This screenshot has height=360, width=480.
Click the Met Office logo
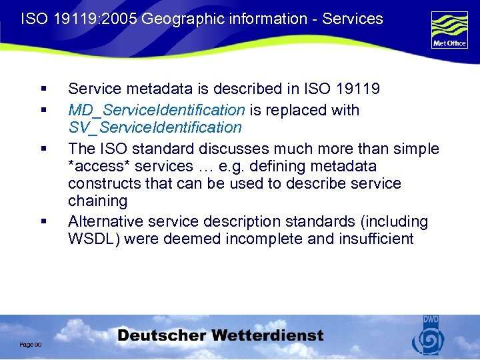click(449, 30)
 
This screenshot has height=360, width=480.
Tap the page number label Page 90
click(31, 344)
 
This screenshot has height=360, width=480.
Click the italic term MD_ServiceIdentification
click(157, 110)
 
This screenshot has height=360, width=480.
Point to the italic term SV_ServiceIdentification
click(155, 127)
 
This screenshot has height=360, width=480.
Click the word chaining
click(97, 201)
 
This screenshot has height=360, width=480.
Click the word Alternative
click(107, 221)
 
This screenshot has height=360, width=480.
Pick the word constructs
click(102, 183)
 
